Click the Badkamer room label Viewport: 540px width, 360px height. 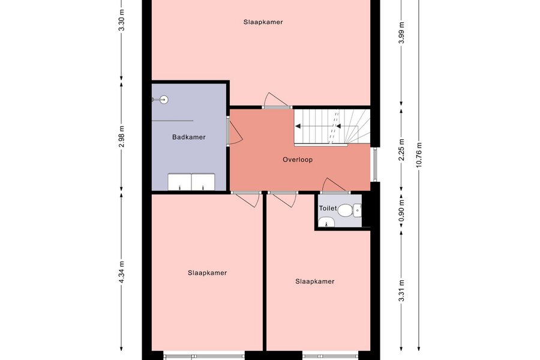[189, 137]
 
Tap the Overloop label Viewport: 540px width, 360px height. [298, 160]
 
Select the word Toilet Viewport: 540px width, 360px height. [328, 208]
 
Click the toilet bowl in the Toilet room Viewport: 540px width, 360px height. [345, 210]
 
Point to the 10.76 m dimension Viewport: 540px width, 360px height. [419, 155]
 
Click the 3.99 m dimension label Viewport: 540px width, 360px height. [401, 32]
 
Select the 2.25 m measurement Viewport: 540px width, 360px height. [401, 149]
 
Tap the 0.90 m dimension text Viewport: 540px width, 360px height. [401, 211]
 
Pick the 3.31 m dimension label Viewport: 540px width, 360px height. [401, 290]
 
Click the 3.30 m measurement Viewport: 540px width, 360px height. [121, 20]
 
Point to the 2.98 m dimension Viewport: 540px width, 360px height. [121, 136]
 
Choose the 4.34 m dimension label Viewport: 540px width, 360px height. [121, 272]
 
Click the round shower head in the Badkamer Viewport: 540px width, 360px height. [164, 100]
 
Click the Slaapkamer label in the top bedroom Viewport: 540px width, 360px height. [263, 22]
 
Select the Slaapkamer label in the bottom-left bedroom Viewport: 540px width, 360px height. [208, 273]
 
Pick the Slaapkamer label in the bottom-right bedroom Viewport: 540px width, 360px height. [315, 281]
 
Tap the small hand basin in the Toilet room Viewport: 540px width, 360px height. [326, 223]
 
